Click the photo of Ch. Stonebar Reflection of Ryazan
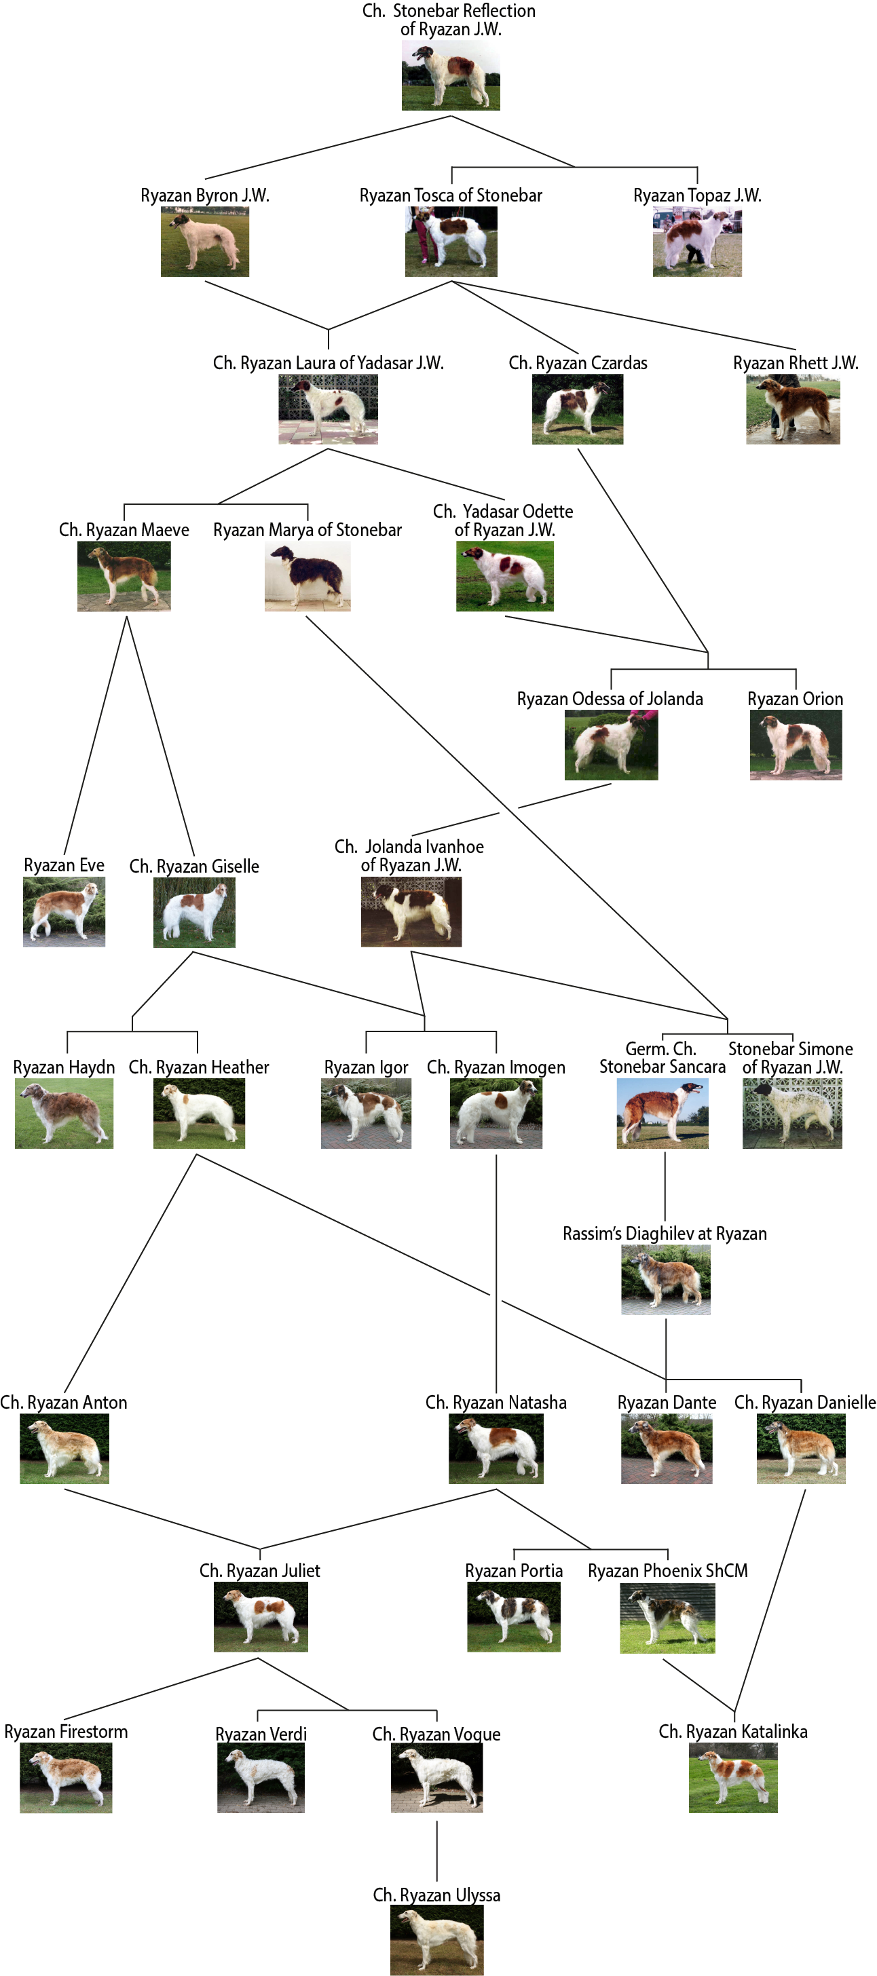point(451,76)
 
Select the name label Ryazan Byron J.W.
point(205,195)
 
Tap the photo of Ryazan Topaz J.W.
point(696,242)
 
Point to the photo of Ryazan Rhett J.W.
point(793,410)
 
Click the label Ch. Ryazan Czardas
point(578,363)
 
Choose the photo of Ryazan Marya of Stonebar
point(307,577)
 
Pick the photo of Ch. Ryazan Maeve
point(124,577)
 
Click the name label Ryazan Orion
point(795,699)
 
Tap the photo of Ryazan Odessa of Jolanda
point(611,745)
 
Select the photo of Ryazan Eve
point(64,912)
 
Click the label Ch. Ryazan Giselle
point(194,866)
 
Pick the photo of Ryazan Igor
point(365,1114)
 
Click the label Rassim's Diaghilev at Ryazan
point(665,1234)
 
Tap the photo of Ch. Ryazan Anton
point(64,1449)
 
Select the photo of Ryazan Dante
point(666,1449)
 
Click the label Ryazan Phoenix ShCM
point(667,1570)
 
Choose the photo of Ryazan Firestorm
point(65,1778)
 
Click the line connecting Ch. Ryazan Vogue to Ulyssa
point(436,1851)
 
